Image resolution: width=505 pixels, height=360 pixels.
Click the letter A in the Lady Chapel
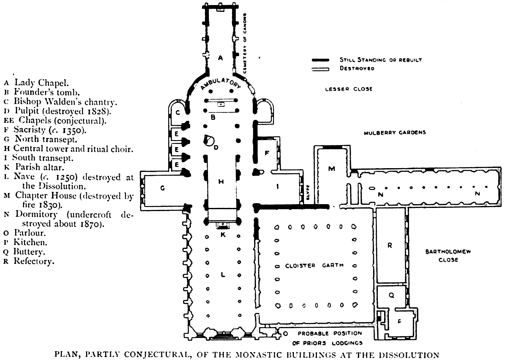click(220, 58)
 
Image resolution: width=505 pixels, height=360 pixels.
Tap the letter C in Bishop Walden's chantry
click(178, 112)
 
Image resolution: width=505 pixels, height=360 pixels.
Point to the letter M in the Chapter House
click(331, 169)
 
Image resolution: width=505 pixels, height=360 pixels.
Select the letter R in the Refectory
click(390, 245)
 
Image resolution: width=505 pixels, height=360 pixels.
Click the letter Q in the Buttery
click(391, 295)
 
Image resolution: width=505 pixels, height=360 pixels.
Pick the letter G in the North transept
click(163, 188)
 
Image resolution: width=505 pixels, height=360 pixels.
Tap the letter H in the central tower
click(221, 181)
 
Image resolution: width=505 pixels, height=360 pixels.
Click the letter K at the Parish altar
click(223, 234)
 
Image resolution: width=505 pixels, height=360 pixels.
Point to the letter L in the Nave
click(223, 274)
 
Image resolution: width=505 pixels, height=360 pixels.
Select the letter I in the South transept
click(277, 187)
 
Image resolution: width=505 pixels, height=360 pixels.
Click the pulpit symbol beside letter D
click(209, 140)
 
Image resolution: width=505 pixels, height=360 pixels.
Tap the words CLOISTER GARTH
click(314, 265)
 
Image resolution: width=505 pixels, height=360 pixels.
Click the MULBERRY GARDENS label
click(395, 133)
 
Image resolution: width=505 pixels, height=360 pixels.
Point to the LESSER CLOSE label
click(349, 89)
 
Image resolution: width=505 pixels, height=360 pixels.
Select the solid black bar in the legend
click(320, 60)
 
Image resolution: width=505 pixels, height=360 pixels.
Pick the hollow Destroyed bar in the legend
click(320, 69)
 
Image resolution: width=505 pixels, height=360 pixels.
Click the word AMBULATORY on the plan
click(221, 83)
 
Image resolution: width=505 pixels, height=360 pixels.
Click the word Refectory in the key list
click(34, 261)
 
